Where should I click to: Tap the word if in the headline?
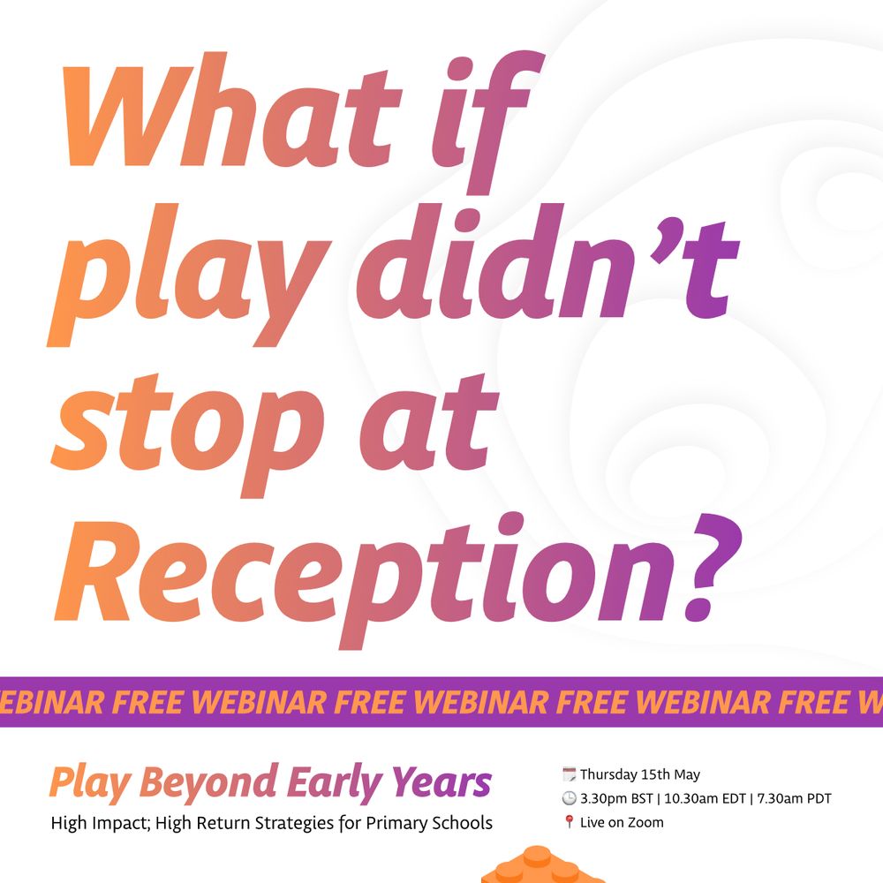tap(488, 121)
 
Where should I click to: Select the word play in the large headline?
tap(189, 275)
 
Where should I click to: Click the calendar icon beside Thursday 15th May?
tap(570, 774)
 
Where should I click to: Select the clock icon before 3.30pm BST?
tap(570, 798)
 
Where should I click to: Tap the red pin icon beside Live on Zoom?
tap(570, 822)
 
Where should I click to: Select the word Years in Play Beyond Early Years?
tap(442, 782)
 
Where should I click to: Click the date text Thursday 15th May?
tap(640, 774)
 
